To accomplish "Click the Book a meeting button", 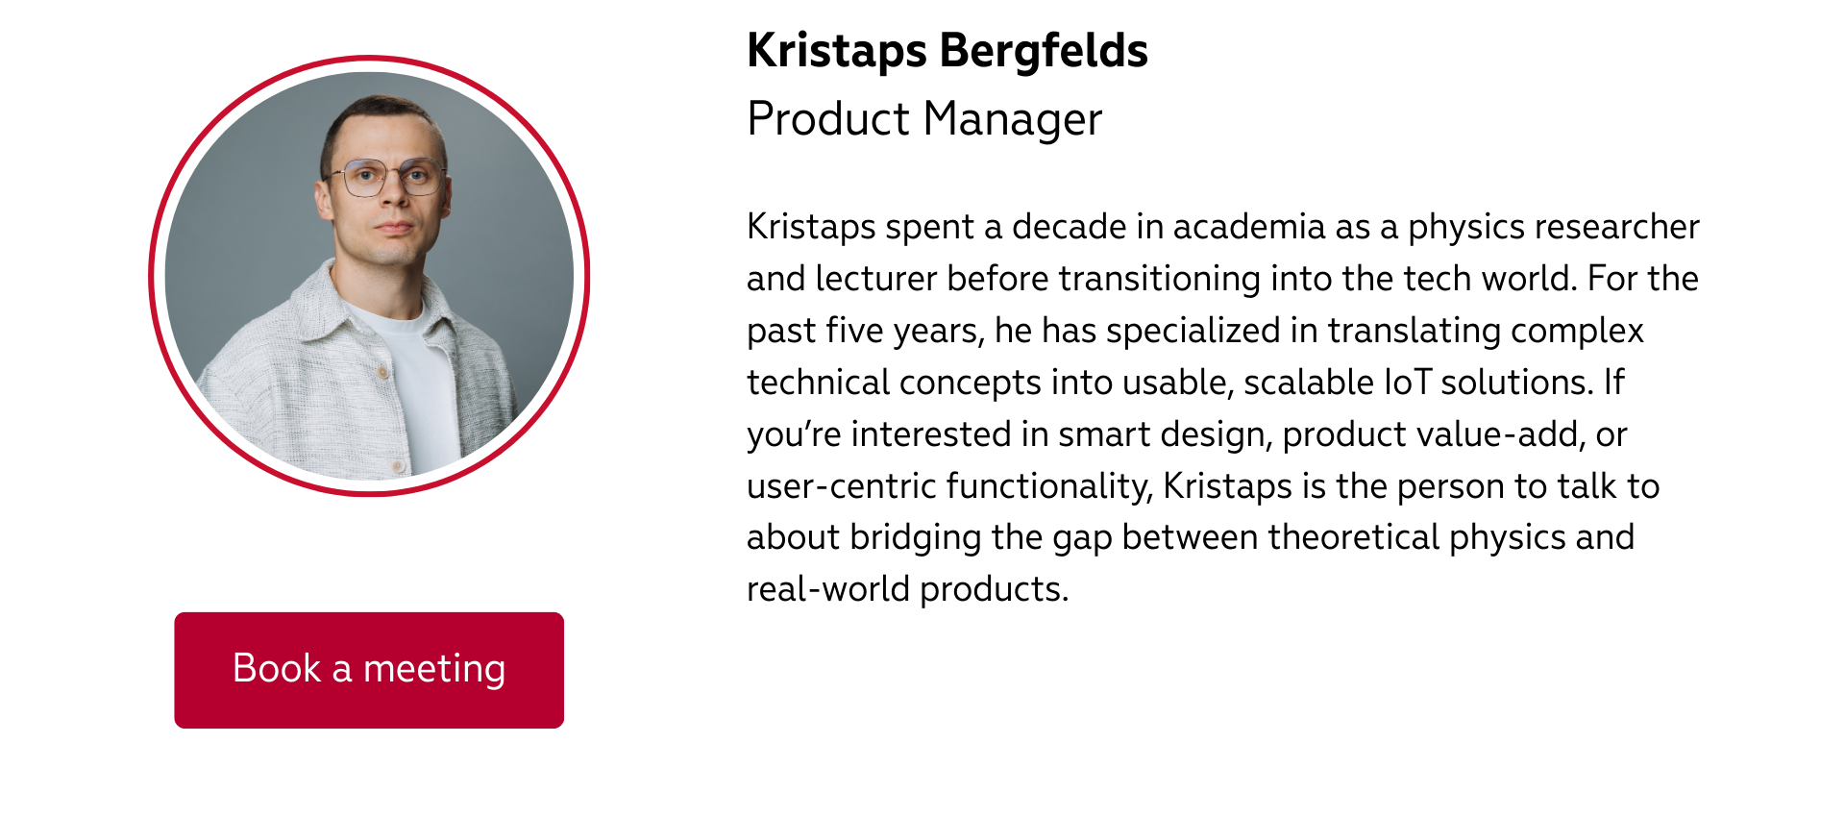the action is pyautogui.click(x=369, y=670).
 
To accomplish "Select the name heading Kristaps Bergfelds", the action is pyautogui.click(x=947, y=51).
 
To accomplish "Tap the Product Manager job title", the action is pyautogui.click(x=924, y=120).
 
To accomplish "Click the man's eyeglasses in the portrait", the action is pyautogui.click(x=387, y=177).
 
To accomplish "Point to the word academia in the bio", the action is pyautogui.click(x=1248, y=227).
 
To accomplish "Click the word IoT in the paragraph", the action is pyautogui.click(x=1408, y=383).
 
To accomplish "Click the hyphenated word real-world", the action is pyautogui.click(x=828, y=589).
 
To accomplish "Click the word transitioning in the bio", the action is pyautogui.click(x=1160, y=279).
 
